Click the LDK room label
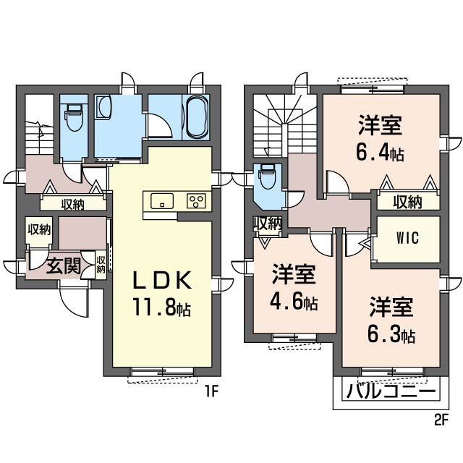pyautogui.click(x=162, y=280)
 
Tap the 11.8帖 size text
pyautogui.click(x=162, y=307)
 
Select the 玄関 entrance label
pyautogui.click(x=64, y=266)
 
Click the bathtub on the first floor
pyautogui.click(x=196, y=117)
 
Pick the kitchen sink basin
pyautogui.click(x=162, y=201)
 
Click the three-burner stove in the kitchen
pyautogui.click(x=196, y=201)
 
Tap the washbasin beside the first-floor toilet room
pyautogui.click(x=103, y=106)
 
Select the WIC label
pyautogui.click(x=408, y=238)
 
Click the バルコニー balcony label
pyautogui.click(x=391, y=392)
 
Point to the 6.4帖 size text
pyautogui.click(x=380, y=153)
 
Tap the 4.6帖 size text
pyautogui.click(x=294, y=302)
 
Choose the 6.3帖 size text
pyautogui.click(x=391, y=334)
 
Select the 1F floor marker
pyautogui.click(x=211, y=392)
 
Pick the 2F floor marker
pyautogui.click(x=441, y=420)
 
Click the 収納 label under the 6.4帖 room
pyautogui.click(x=407, y=202)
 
